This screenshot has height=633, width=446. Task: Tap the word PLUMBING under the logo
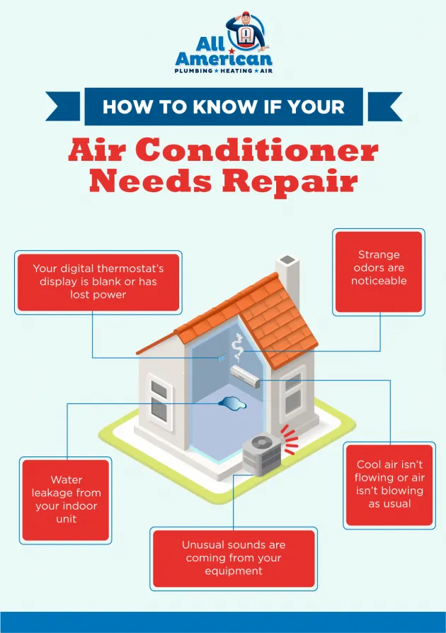(x=193, y=71)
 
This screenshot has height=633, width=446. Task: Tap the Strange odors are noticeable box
(x=379, y=272)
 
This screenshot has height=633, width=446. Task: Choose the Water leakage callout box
(x=66, y=500)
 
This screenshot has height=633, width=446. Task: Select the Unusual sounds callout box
(x=234, y=559)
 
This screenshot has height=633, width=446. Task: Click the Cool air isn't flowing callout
(x=389, y=485)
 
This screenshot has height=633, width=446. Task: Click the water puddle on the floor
(x=232, y=403)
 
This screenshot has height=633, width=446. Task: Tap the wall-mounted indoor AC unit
(x=245, y=376)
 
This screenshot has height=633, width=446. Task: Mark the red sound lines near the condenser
(x=290, y=439)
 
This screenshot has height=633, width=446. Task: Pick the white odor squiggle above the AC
(x=237, y=347)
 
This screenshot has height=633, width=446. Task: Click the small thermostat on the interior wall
(x=221, y=357)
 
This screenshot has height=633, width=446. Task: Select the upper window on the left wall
(x=159, y=388)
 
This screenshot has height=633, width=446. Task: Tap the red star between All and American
(x=231, y=51)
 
